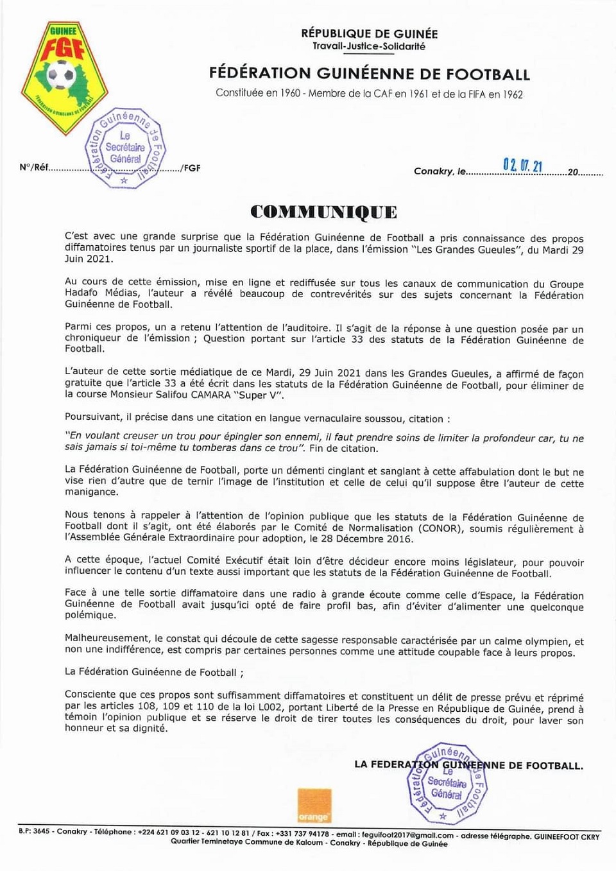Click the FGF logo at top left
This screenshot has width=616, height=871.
tap(65, 77)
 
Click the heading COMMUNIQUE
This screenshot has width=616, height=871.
tap(323, 212)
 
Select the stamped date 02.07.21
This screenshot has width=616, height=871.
tap(522, 166)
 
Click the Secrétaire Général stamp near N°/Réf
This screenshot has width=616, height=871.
tap(125, 148)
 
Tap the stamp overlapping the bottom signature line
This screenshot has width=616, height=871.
tap(447, 784)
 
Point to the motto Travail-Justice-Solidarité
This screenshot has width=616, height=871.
tap(369, 46)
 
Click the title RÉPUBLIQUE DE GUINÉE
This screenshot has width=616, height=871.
tap(370, 33)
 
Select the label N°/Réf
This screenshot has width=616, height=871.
tap(33, 168)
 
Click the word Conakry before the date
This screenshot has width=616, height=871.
tap(433, 171)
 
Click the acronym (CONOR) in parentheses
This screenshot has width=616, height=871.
tap(441, 528)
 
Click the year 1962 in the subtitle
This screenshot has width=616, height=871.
tap(513, 94)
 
